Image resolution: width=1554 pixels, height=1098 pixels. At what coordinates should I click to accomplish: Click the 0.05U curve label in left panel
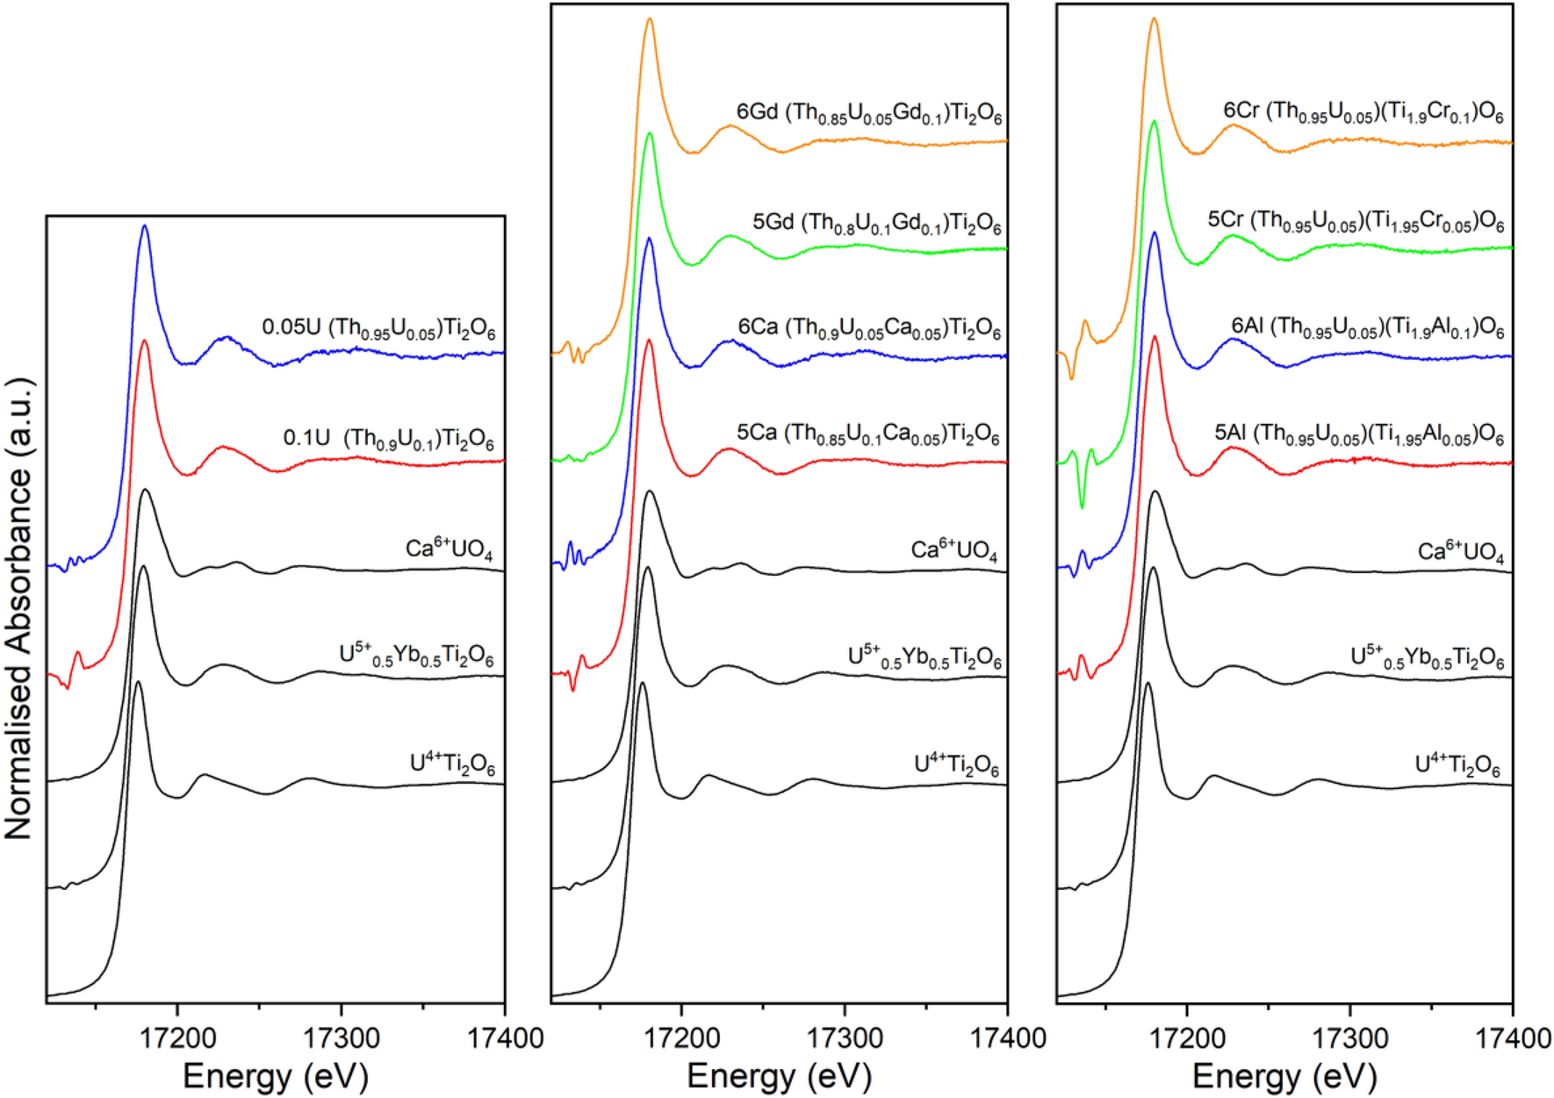378,329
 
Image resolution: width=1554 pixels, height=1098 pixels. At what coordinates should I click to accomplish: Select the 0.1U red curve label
388,438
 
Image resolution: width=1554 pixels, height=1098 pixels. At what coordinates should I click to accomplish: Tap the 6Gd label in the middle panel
868,114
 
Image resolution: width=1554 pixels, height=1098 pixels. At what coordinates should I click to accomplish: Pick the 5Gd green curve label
876,223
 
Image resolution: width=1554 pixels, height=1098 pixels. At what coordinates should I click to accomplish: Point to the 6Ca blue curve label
868,329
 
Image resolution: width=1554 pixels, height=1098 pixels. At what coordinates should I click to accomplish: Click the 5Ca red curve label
867,434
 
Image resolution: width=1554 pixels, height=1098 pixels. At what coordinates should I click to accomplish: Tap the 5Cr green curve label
1356,221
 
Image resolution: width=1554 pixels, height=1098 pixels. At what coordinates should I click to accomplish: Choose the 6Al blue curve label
1367,329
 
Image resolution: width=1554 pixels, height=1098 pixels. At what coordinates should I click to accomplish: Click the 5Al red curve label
1358,435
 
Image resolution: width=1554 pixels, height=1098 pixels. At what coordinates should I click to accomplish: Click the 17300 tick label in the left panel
342,1039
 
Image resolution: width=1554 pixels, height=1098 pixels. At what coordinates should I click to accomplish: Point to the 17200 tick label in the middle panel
681,1039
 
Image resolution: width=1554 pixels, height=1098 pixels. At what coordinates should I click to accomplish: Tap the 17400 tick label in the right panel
1510,1039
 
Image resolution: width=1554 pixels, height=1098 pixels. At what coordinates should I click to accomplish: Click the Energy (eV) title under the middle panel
779,1076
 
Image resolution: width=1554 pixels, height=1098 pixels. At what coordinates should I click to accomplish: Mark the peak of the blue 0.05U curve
145,226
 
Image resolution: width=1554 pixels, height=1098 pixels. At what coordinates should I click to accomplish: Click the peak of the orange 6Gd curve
650,19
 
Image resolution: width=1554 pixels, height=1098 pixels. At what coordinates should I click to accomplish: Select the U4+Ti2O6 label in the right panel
1457,766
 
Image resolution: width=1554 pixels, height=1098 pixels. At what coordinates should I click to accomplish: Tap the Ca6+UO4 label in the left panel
449,550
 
